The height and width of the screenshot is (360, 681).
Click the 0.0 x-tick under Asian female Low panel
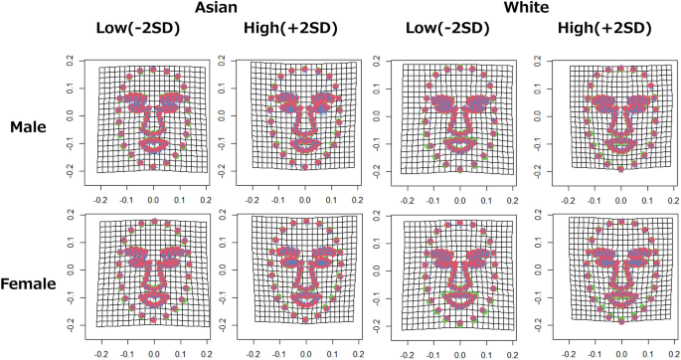153,352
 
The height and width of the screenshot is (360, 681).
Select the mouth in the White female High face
619,296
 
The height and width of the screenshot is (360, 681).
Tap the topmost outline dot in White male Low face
459,68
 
